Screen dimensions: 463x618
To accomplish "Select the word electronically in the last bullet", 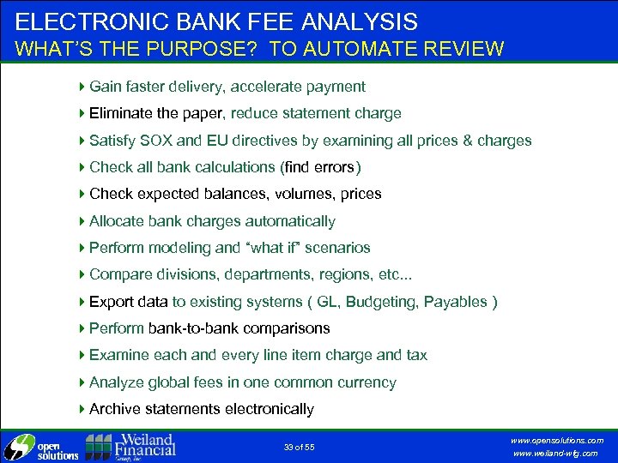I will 266,409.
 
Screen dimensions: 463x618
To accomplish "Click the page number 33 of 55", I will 300,447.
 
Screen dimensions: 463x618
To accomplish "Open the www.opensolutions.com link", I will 557,440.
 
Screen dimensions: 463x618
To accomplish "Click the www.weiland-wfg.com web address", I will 557,454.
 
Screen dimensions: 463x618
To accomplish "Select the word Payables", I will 457,302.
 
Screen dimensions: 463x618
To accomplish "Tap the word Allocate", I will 116,221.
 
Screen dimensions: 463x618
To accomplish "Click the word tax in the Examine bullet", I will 415,355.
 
